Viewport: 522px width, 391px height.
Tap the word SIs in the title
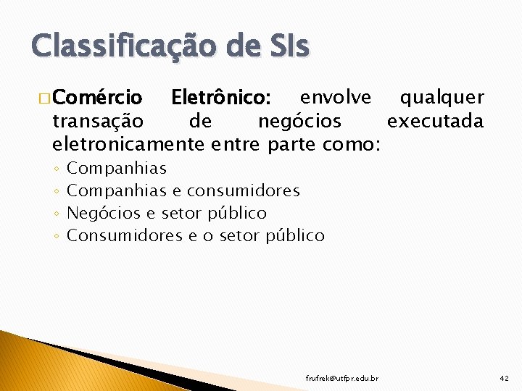pos(286,46)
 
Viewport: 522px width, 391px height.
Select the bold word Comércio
pos(98,98)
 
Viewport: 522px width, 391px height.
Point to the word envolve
pos(336,97)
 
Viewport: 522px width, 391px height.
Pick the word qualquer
pos(442,97)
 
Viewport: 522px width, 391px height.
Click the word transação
pos(98,120)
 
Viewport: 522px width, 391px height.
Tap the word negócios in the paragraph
pos(299,120)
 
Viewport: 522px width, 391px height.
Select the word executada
pos(435,120)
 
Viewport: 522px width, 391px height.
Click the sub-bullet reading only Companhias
pos(116,169)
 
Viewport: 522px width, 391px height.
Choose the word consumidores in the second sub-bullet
pos(243,191)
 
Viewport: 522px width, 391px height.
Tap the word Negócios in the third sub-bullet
pos(102,214)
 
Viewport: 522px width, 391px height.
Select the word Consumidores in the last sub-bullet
pos(124,236)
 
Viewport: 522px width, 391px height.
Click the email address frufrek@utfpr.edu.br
pos(341,378)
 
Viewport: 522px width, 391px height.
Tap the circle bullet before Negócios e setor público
pos(57,214)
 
